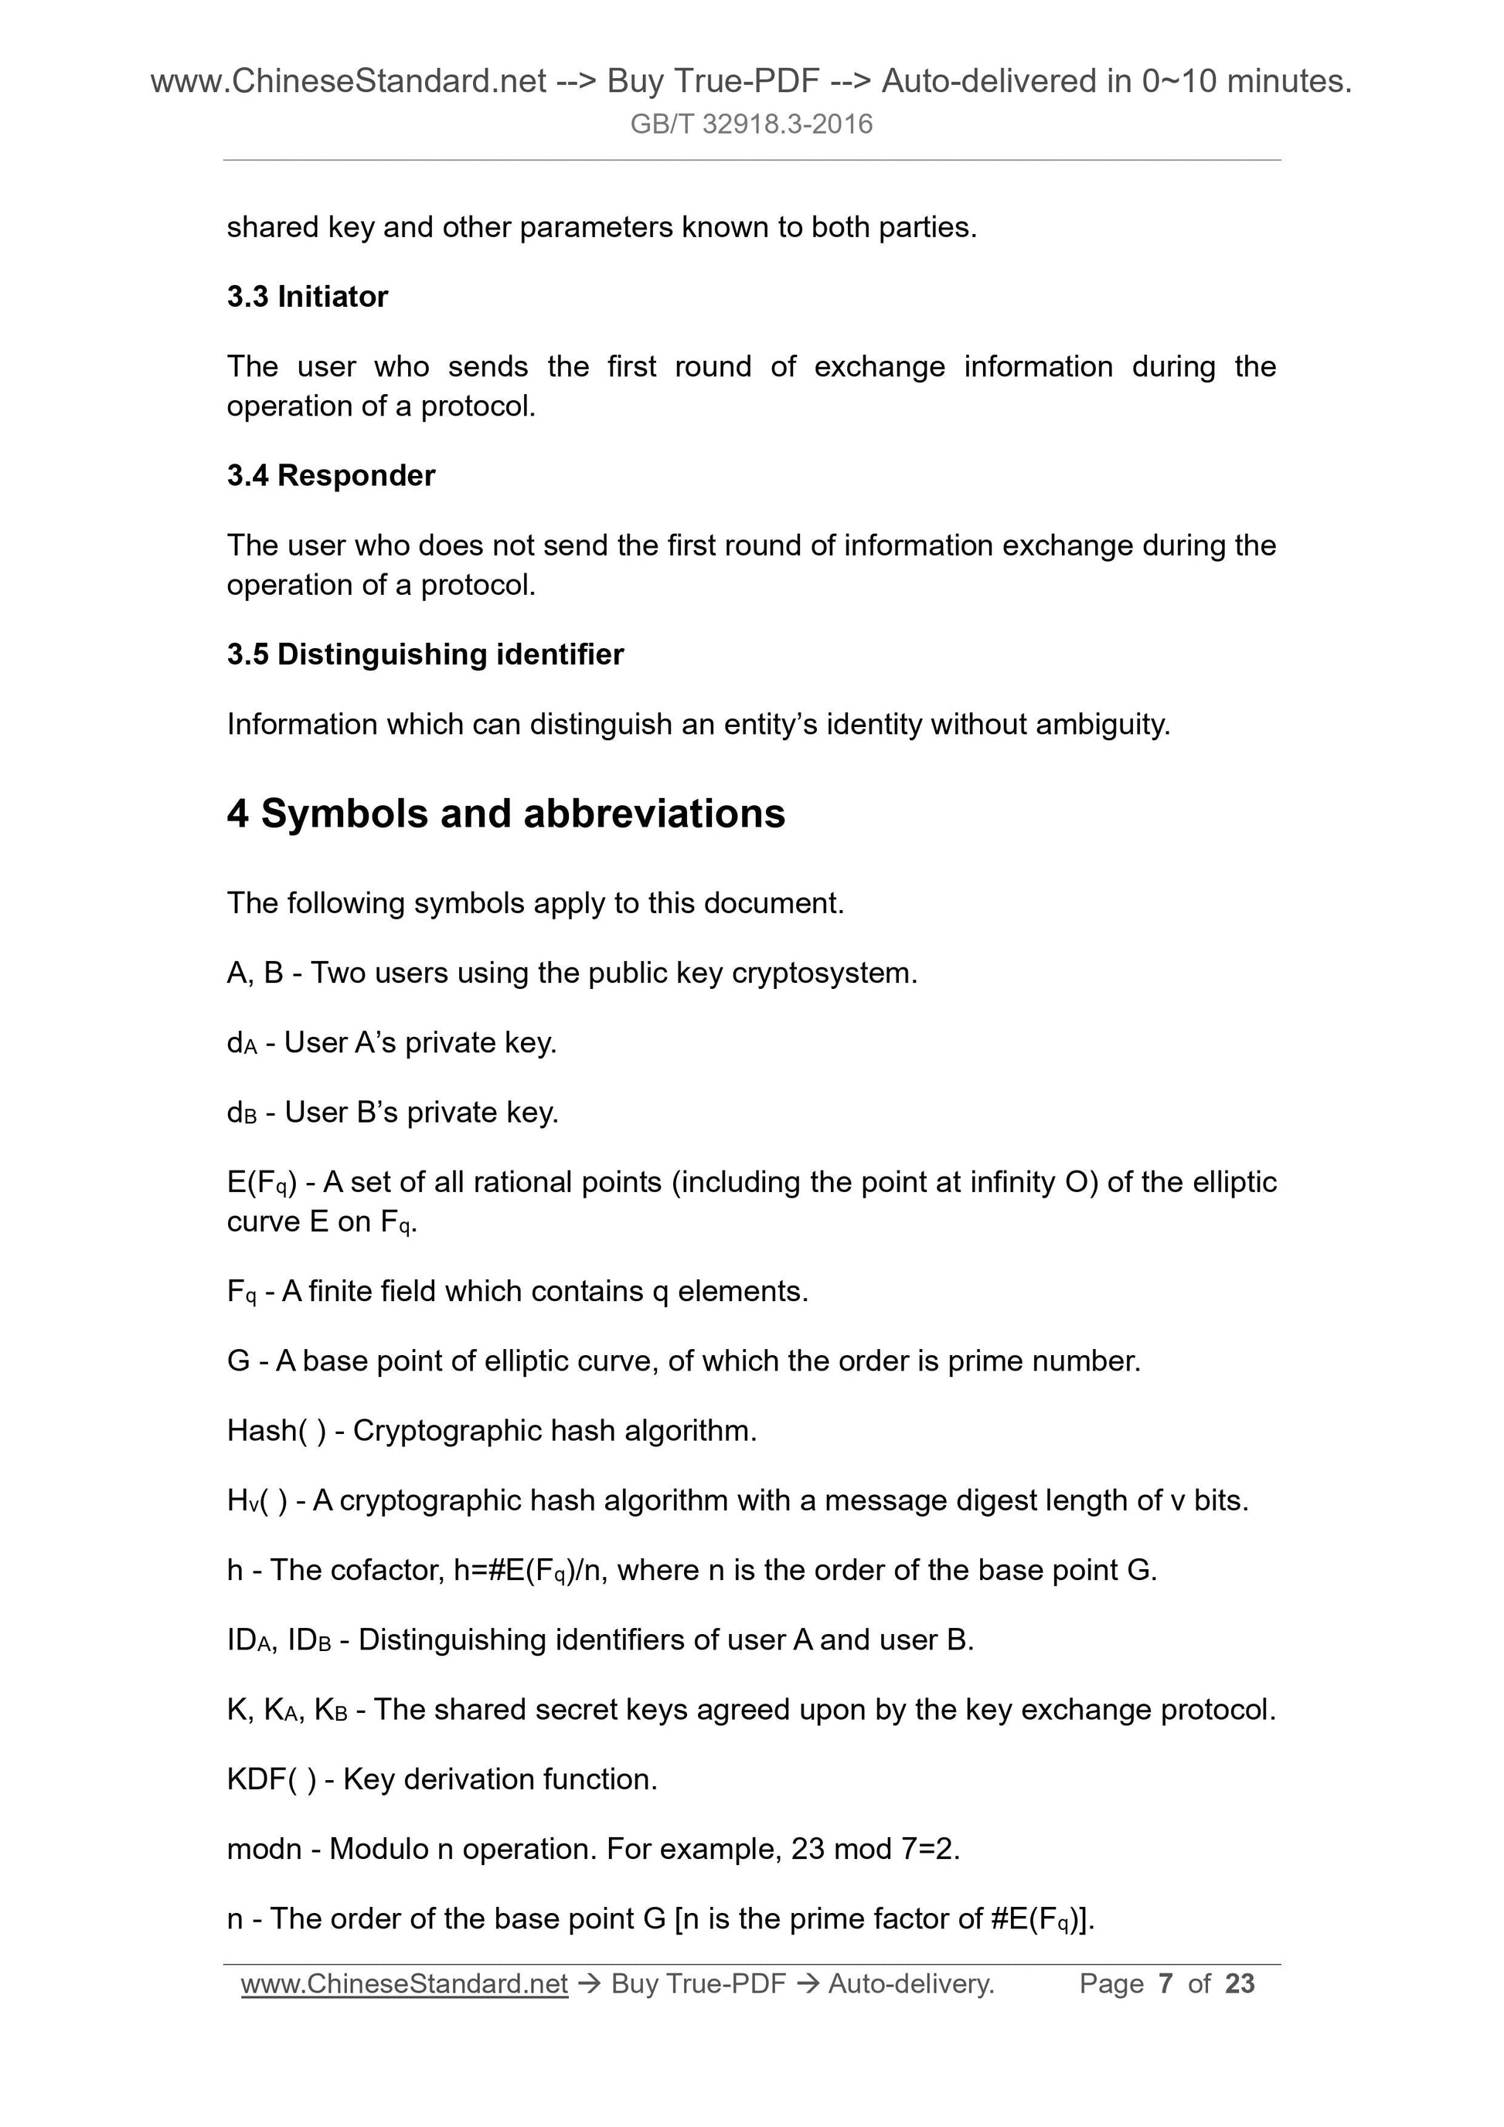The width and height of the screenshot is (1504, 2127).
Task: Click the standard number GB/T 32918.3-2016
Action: [x=750, y=124]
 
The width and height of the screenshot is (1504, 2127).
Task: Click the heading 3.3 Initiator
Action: [x=307, y=297]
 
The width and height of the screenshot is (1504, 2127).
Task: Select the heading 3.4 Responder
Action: [x=331, y=475]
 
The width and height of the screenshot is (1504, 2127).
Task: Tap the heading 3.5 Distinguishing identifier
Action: [x=425, y=654]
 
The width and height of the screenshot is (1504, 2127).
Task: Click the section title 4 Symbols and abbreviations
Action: [x=506, y=814]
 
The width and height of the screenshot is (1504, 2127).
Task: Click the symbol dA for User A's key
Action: [x=241, y=1043]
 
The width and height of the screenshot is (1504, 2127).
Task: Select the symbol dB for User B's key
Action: [x=241, y=1113]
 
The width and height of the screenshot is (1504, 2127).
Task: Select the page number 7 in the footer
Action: [x=1165, y=1983]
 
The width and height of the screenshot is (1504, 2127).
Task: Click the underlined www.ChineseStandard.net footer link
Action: [x=404, y=1983]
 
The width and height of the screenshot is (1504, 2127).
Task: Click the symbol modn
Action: [x=264, y=1848]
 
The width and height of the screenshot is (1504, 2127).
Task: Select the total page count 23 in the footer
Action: [x=1239, y=1983]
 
